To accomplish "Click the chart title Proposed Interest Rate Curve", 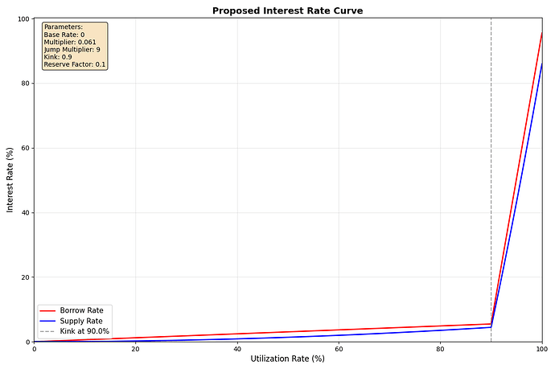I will [287, 10].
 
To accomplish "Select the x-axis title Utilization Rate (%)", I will [287, 358].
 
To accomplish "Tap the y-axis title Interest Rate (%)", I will [10, 179].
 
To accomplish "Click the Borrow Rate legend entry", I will [81, 310].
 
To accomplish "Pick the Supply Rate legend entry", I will [81, 321].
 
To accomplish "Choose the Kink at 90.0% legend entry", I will [84, 331].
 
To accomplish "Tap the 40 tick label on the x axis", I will [237, 349].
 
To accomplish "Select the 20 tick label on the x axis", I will [135, 349].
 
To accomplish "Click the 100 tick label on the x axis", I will [541, 349].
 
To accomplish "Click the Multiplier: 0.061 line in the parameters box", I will [70, 42].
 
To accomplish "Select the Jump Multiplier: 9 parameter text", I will [72, 50].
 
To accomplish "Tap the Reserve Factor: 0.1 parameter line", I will [75, 64].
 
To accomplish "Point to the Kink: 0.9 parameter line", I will [60, 57].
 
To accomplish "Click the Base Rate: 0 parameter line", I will [64, 35].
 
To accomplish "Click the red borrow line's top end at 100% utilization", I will [542, 33].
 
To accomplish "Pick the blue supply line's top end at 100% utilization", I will [542, 64].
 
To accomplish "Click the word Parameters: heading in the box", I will [64, 27].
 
